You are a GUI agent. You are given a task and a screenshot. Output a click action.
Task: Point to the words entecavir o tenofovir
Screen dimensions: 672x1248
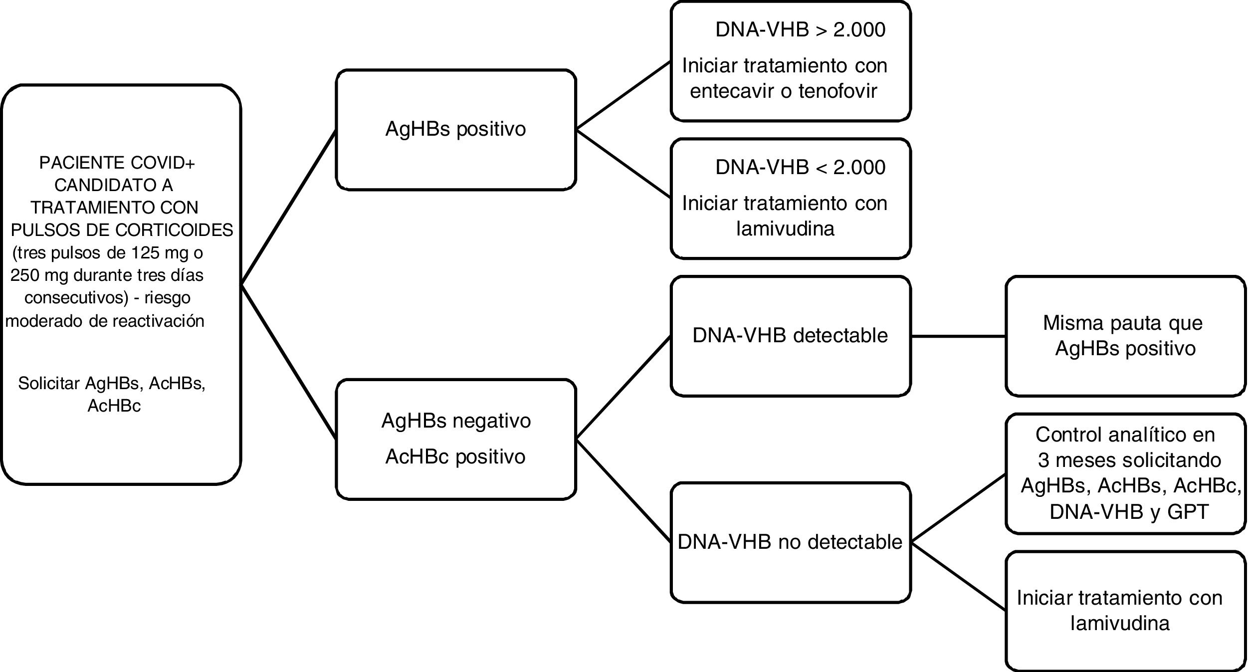click(783, 91)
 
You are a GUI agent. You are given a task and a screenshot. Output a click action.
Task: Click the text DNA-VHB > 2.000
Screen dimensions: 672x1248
click(800, 29)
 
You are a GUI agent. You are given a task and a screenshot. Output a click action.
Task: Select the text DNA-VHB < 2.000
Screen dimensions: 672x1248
click(800, 167)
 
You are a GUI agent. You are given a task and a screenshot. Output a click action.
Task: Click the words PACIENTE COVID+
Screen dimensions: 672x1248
click(117, 163)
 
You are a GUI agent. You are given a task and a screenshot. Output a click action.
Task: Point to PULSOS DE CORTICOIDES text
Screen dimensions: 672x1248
click(122, 230)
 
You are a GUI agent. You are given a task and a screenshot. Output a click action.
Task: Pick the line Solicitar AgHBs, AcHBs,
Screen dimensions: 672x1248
click(112, 383)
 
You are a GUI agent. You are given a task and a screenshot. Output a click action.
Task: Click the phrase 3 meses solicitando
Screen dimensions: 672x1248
click(1129, 460)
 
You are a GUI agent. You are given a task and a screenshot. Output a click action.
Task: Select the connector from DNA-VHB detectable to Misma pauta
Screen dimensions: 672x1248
click(958, 336)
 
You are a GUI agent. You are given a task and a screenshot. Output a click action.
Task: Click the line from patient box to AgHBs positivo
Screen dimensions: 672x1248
click(288, 208)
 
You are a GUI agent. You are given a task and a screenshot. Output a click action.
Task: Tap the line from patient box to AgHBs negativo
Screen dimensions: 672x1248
click(288, 362)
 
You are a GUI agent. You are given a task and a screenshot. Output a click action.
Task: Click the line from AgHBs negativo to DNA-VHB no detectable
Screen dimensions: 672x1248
click(624, 491)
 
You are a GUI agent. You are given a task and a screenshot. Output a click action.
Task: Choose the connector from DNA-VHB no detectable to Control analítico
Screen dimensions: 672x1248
click(958, 507)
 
